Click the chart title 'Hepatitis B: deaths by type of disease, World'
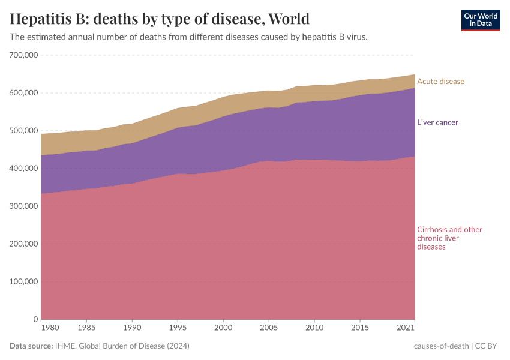tap(160, 19)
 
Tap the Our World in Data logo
tap(481, 20)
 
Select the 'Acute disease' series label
tap(440, 82)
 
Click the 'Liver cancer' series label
tap(437, 122)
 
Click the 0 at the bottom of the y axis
tap(36, 319)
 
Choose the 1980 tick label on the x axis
tap(50, 328)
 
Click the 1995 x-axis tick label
tap(178, 328)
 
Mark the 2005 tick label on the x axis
tap(268, 328)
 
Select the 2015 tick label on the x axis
tap(359, 328)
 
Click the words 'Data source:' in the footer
tap(31, 346)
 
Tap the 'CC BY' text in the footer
tap(488, 346)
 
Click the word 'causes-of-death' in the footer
tap(442, 346)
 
